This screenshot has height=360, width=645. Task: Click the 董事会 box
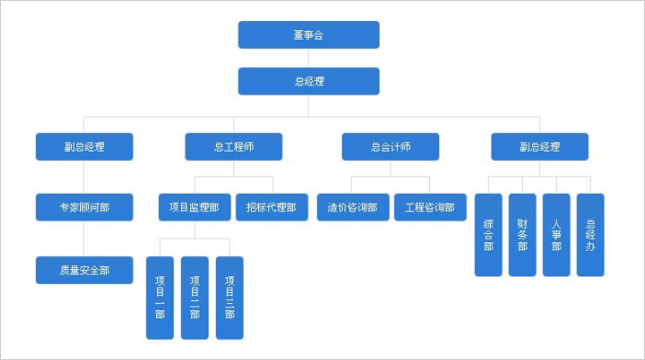pyautogui.click(x=308, y=35)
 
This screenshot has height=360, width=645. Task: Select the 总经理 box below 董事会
pyautogui.click(x=308, y=81)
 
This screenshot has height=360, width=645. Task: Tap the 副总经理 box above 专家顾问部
pyautogui.click(x=85, y=147)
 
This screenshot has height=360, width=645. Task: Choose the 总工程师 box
pyautogui.click(x=233, y=147)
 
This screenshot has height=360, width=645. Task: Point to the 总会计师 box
pyautogui.click(x=390, y=147)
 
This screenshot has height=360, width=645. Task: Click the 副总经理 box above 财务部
pyautogui.click(x=539, y=147)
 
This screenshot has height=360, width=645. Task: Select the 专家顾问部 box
pyautogui.click(x=85, y=207)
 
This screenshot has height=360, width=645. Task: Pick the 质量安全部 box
pyautogui.click(x=85, y=270)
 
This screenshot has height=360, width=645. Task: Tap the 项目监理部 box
pyautogui.click(x=194, y=207)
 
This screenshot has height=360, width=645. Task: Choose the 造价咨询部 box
pyautogui.click(x=352, y=207)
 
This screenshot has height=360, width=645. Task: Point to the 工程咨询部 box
pyautogui.click(x=430, y=207)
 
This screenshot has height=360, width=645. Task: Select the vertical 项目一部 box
pyautogui.click(x=160, y=298)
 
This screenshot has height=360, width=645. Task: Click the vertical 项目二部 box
pyautogui.click(x=195, y=298)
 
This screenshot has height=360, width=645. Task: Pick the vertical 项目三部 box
pyautogui.click(x=230, y=298)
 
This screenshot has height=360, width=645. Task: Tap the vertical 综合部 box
pyautogui.click(x=488, y=234)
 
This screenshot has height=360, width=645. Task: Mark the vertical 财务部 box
pyautogui.click(x=522, y=234)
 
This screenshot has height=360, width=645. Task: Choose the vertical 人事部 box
pyautogui.click(x=556, y=234)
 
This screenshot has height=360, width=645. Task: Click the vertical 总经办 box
pyautogui.click(x=590, y=234)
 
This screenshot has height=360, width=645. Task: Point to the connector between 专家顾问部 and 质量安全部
pyautogui.click(x=85, y=239)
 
